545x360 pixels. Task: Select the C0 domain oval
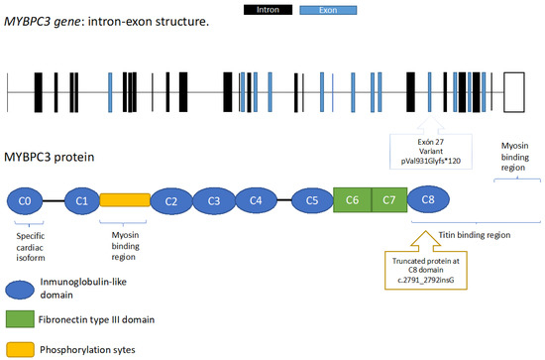tap(26, 201)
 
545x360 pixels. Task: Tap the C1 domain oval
tap(82, 201)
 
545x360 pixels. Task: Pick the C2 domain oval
tap(171, 201)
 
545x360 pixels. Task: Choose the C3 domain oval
tap(213, 201)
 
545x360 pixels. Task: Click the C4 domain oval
tap(256, 201)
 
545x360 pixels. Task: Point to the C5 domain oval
tap(312, 201)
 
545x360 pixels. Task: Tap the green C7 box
tap(388, 201)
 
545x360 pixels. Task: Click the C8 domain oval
tap(428, 201)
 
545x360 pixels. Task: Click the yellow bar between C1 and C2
tap(124, 201)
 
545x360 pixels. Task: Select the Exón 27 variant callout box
tap(428, 154)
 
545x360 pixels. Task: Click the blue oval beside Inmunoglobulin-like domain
tap(29, 289)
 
